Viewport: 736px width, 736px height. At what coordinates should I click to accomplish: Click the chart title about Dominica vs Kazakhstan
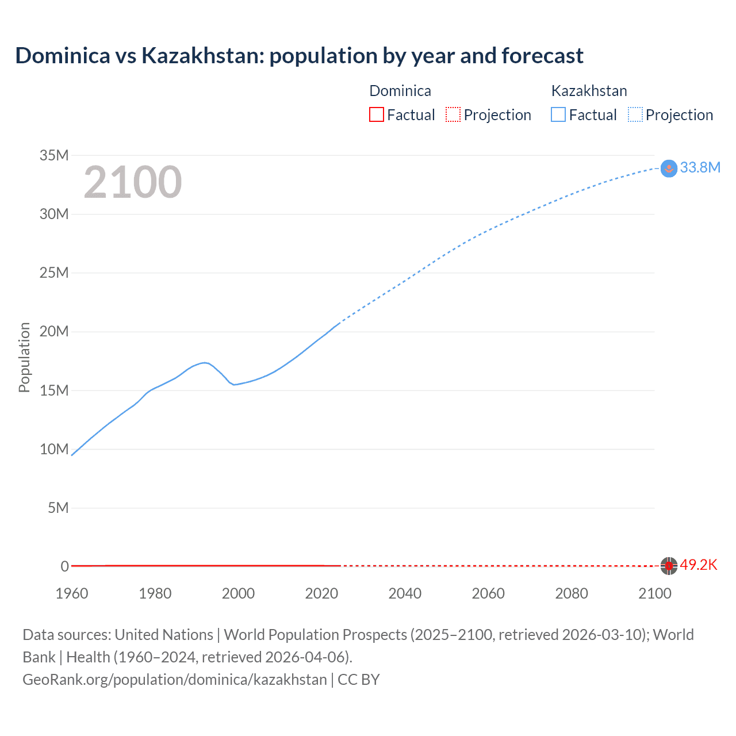point(299,56)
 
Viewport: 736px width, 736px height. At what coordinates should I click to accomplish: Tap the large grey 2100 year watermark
point(133,183)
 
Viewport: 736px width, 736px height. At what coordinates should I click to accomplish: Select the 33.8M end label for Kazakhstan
point(700,167)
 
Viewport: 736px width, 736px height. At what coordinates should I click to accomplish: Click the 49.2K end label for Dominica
point(699,565)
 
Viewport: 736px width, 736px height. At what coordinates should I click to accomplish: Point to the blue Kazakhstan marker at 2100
point(669,168)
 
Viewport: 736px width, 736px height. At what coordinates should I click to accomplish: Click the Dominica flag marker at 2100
point(668,566)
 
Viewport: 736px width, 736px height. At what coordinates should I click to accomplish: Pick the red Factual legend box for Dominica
point(376,114)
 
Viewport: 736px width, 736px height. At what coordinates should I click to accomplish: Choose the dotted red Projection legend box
point(453,114)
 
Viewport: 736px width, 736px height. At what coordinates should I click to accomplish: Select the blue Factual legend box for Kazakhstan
point(558,114)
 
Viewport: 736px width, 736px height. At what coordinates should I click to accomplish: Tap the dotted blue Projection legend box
point(635,114)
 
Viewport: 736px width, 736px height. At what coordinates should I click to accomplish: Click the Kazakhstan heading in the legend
point(589,91)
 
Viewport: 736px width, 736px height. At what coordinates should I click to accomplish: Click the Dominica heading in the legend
point(400,91)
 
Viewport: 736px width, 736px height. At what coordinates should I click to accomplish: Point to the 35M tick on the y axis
point(54,155)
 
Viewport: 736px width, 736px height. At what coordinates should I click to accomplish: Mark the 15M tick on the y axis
point(54,390)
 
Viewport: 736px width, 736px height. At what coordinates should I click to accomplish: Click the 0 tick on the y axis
point(64,566)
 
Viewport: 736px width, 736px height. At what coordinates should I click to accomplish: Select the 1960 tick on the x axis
point(72,593)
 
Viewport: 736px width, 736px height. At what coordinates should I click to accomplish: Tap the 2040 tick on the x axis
point(405,593)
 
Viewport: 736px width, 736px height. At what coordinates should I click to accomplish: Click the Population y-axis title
point(24,357)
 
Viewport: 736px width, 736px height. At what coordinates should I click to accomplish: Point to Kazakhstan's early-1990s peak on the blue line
point(205,362)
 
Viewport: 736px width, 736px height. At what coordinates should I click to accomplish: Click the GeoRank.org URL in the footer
point(175,679)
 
